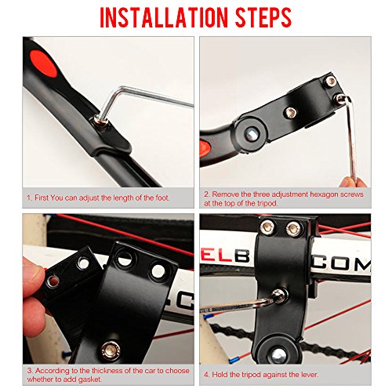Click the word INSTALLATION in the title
[x=164, y=17]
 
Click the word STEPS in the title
[x=263, y=17]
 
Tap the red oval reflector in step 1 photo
[x=43, y=64]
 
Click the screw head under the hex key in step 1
[x=102, y=121]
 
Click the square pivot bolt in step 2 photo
[x=251, y=134]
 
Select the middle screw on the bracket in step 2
[x=290, y=113]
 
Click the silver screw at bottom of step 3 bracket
[x=111, y=350]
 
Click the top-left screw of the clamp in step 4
[x=268, y=227]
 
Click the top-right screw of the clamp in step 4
[x=293, y=228]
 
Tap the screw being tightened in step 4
[x=279, y=296]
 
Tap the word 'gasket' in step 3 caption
[x=90, y=379]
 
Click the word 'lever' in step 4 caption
[x=310, y=375]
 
